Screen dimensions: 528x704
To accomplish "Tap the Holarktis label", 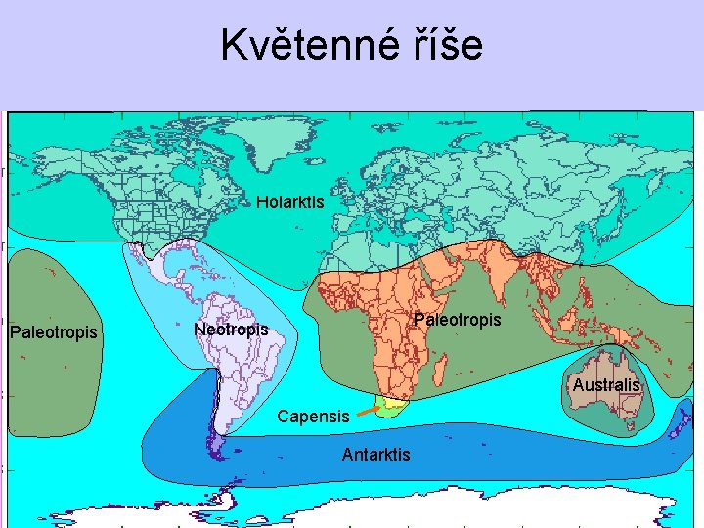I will click(289, 202).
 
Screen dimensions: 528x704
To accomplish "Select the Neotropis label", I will click(231, 330).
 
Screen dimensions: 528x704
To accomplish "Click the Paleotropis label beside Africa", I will click(457, 320).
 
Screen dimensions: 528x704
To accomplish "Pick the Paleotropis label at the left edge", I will click(53, 332).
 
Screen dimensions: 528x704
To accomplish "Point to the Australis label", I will click(606, 385).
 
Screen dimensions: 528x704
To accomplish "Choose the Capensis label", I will click(312, 416).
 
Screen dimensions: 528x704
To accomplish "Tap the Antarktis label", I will click(375, 454).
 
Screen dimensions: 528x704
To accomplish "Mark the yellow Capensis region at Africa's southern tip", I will click(393, 404).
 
